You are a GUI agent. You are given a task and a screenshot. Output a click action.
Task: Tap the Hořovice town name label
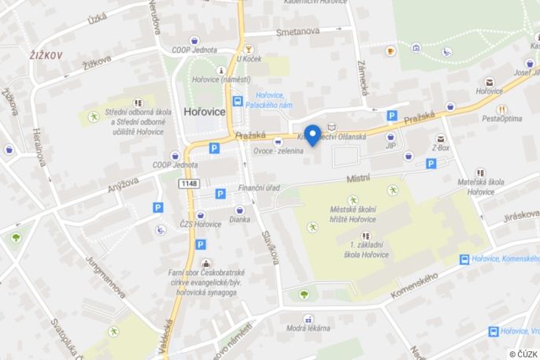[x=204, y=112]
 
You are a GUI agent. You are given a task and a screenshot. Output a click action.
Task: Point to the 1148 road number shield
[x=188, y=184]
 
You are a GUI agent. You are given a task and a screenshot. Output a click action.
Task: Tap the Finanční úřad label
[x=259, y=188]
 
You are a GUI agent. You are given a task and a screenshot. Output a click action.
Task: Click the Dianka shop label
[x=239, y=220]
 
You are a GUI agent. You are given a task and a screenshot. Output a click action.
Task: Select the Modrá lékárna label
[x=307, y=328]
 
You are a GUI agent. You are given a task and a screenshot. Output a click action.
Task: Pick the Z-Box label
[x=440, y=147]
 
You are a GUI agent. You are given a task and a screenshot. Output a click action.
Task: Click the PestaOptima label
[x=501, y=119]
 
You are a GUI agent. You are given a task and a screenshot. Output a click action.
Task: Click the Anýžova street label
[x=123, y=185]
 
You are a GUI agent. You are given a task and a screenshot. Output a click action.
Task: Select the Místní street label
[x=358, y=180]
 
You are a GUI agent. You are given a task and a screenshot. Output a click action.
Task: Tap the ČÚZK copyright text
[x=523, y=354]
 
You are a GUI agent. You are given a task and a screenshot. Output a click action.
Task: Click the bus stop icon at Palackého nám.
[x=237, y=101]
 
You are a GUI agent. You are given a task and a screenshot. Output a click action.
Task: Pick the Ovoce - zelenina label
[x=278, y=151]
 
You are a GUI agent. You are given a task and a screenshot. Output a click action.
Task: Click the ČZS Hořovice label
[x=200, y=225]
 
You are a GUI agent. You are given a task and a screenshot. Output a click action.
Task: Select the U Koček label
[x=248, y=58]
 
